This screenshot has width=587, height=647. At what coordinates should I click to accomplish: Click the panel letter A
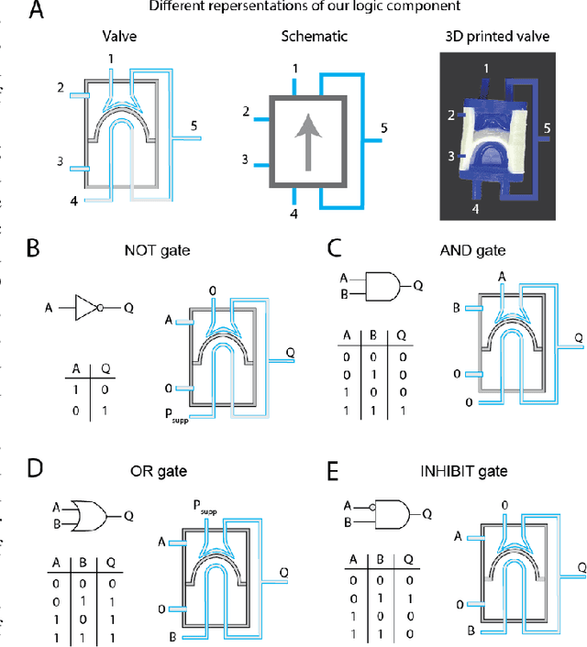(37, 11)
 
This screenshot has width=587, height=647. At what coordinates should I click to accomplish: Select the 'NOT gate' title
(150, 248)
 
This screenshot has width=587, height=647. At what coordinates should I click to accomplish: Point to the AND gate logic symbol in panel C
(380, 286)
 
